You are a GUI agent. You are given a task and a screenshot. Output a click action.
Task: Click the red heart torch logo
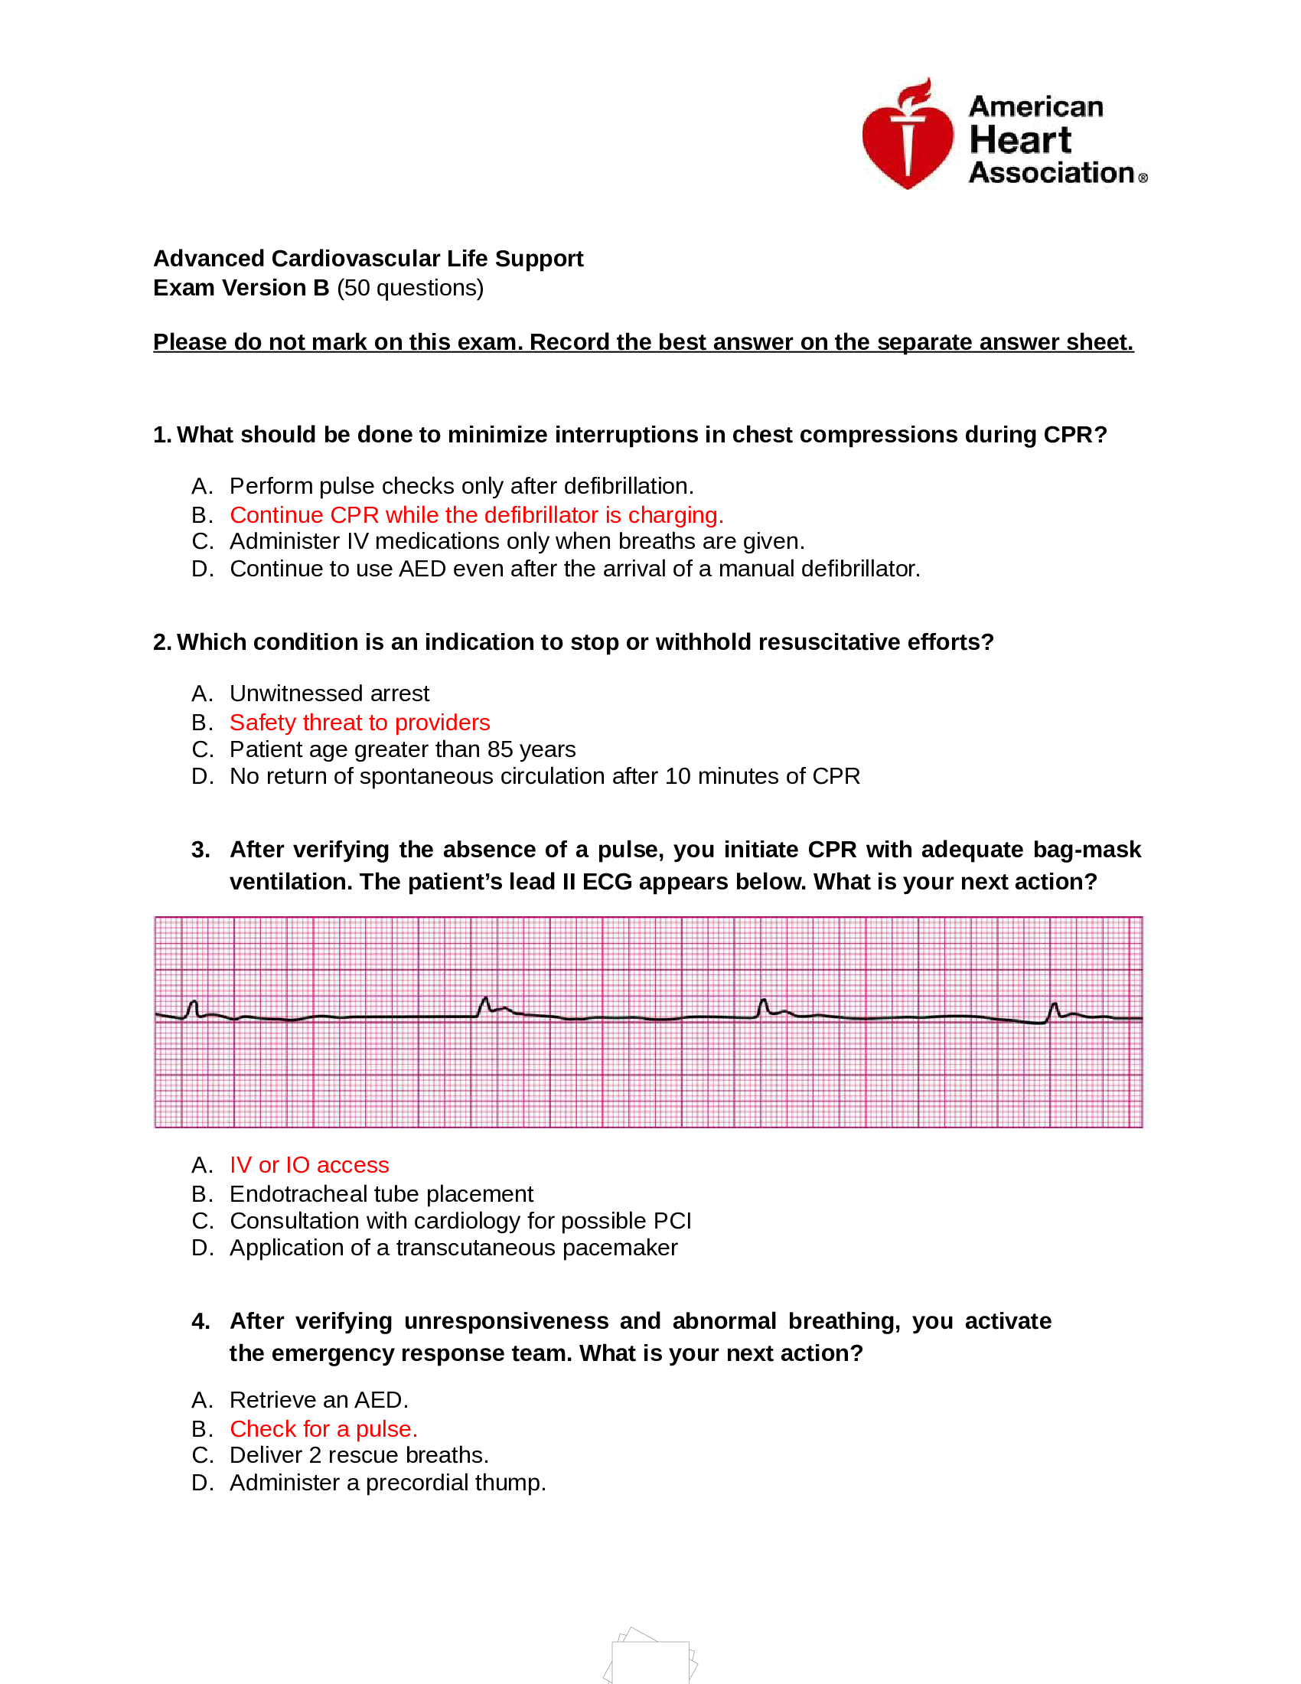[x=907, y=136]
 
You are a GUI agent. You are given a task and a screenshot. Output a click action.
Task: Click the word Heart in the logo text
[x=1019, y=140]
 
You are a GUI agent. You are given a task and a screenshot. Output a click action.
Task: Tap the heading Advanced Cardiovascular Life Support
[x=367, y=258]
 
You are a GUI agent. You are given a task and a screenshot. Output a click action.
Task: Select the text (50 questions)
[x=410, y=288]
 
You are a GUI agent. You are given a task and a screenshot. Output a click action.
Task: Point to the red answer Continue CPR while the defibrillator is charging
[x=475, y=514]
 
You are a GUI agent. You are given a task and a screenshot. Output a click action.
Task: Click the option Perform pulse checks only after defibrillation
[x=461, y=486]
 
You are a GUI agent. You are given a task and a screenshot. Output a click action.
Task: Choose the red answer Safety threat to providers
[x=359, y=722]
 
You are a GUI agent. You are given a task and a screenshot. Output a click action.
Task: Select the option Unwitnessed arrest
[x=328, y=694]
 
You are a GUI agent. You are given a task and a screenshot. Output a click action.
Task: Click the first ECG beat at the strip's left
[x=193, y=1009]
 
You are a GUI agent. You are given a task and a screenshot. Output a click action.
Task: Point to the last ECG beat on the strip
[x=1054, y=1011]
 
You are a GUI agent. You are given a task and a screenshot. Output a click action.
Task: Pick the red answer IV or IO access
[x=309, y=1164]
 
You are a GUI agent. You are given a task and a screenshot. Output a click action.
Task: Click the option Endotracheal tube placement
[x=381, y=1193]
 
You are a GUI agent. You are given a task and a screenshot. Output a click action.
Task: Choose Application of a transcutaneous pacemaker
[x=453, y=1248]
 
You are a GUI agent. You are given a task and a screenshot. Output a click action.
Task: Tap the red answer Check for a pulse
[x=323, y=1429]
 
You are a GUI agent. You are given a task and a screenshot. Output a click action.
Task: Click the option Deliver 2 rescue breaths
[x=358, y=1455]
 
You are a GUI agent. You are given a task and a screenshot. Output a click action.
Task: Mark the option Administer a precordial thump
[x=387, y=1483]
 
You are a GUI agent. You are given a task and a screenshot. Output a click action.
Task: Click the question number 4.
[x=201, y=1321]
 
